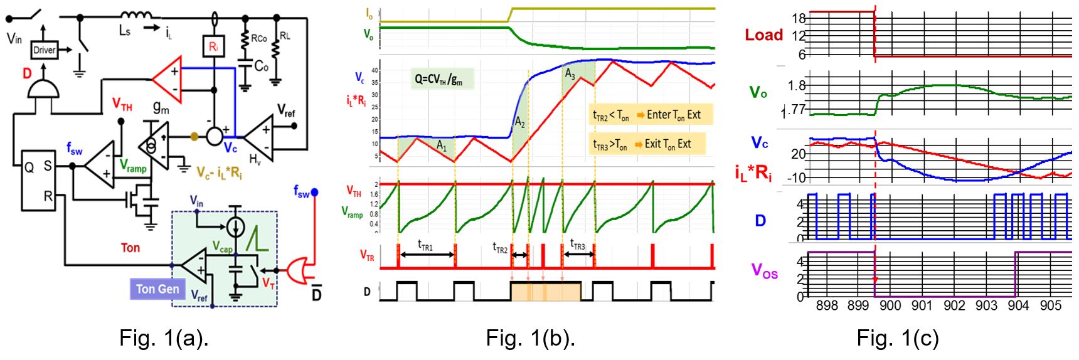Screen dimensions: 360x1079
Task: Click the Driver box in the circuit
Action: tap(44, 50)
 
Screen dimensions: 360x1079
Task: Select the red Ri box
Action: tap(213, 46)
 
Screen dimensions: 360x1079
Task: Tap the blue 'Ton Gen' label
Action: tap(157, 289)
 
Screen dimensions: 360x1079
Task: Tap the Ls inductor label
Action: tap(125, 30)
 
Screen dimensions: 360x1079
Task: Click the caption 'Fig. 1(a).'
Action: tap(164, 338)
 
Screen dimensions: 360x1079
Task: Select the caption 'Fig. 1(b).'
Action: tap(530, 338)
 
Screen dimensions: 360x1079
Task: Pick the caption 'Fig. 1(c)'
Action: tap(898, 338)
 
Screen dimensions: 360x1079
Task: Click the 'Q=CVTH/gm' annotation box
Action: tap(442, 79)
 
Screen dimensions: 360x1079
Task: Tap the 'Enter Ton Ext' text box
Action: tap(651, 115)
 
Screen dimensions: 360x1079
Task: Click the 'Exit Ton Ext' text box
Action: tap(647, 144)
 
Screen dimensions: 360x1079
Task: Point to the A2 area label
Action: tap(520, 122)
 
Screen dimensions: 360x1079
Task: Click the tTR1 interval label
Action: tap(427, 246)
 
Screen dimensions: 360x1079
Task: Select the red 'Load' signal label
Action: tap(763, 35)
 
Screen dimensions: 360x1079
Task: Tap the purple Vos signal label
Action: tap(764, 272)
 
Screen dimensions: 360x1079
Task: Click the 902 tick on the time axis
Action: tap(954, 305)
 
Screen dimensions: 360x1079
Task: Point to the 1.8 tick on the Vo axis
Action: tap(797, 85)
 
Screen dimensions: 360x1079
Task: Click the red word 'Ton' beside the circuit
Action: tap(130, 248)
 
